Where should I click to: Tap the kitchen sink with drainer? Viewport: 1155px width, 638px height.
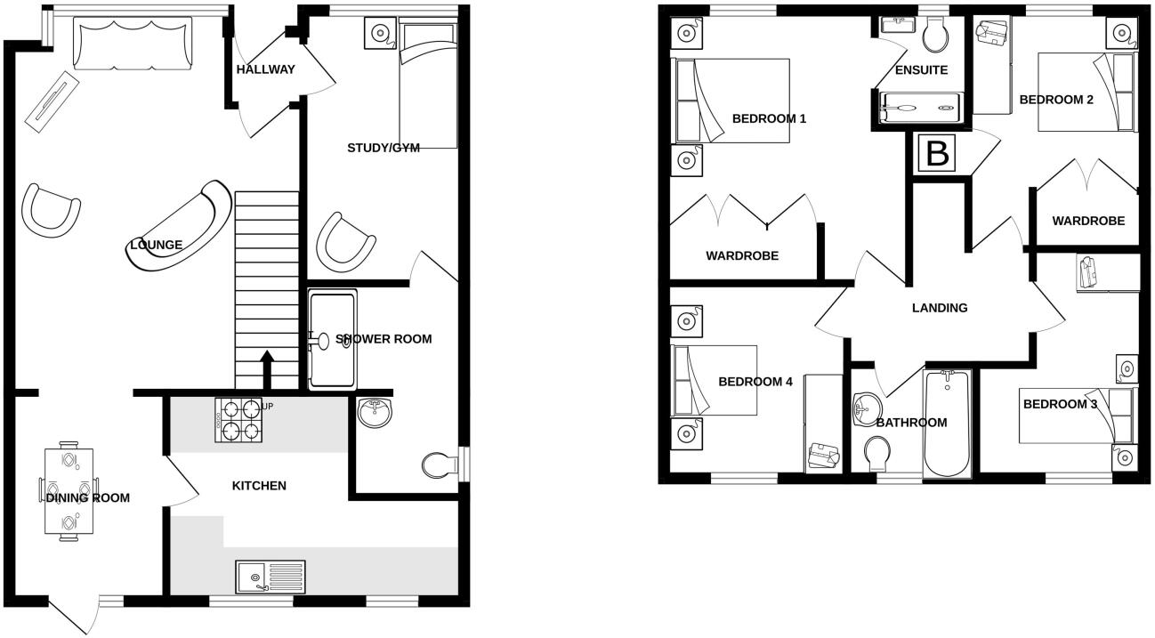(x=271, y=577)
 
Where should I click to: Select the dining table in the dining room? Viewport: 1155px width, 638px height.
(x=68, y=490)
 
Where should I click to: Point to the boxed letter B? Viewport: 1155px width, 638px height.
(x=936, y=154)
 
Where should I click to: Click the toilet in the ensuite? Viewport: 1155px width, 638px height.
(x=935, y=36)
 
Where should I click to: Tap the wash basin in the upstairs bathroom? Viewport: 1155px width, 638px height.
(x=864, y=408)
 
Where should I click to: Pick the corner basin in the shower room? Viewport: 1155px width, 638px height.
(x=375, y=413)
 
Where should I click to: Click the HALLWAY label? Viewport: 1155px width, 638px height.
(x=265, y=69)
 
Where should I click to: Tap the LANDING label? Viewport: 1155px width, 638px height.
(x=940, y=308)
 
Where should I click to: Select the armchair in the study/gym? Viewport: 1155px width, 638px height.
(x=344, y=241)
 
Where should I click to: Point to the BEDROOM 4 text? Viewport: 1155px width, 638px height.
(x=755, y=382)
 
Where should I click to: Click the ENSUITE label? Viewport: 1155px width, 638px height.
(x=921, y=70)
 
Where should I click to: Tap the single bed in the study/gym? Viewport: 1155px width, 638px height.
(x=428, y=85)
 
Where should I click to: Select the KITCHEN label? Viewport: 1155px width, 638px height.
(x=259, y=486)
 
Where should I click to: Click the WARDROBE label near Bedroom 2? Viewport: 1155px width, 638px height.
(x=1087, y=221)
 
